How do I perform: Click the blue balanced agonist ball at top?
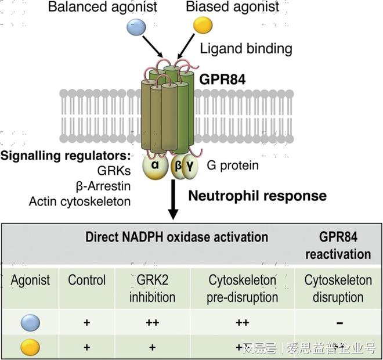point(136,27)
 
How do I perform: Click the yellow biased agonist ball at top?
point(203,25)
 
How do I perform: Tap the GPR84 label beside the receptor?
point(222,80)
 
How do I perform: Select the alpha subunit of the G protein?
point(156,166)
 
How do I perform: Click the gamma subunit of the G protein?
point(190,167)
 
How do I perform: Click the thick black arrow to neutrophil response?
point(173,200)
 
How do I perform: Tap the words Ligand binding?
point(246,49)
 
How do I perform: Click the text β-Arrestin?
point(103,186)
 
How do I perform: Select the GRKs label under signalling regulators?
point(114,171)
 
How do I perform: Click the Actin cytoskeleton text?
point(80,202)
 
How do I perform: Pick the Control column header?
point(86,280)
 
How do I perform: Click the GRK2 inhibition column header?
point(153,289)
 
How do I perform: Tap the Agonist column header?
point(30,280)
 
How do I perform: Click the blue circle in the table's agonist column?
point(30,323)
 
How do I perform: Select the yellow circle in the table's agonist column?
point(30,347)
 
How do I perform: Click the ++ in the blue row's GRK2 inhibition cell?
point(153,323)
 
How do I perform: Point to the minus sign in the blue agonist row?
point(339,323)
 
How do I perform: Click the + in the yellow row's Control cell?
point(86,347)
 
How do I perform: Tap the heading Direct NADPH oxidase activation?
point(176,237)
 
